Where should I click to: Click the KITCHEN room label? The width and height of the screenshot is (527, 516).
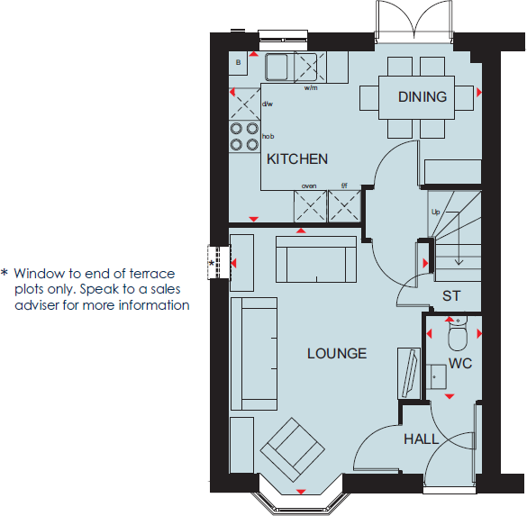coord(296,159)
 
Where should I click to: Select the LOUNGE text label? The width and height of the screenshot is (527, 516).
coord(336,353)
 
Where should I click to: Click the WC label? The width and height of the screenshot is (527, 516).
coord(459,364)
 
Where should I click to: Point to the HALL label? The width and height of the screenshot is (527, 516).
coord(421,439)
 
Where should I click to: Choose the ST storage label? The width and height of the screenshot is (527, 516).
coord(451,296)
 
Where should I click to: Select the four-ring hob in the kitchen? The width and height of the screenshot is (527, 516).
coord(243,136)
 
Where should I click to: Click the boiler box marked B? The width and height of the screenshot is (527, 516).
coord(238,62)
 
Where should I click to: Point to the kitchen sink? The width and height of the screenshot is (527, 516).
coord(277,66)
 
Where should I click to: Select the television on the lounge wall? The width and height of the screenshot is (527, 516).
coord(407,371)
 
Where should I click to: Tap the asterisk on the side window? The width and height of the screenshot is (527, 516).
coord(213,262)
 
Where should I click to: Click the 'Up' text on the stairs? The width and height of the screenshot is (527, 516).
coord(436,213)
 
